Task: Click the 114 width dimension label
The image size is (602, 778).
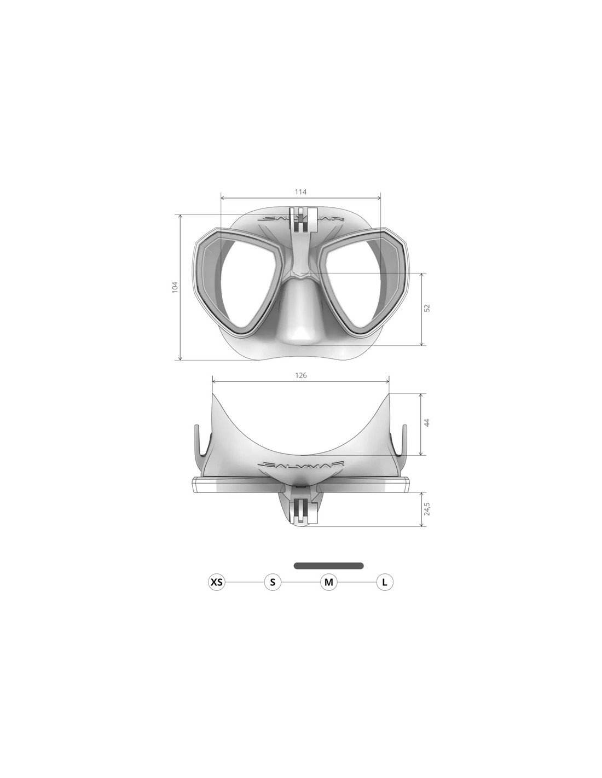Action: coord(300,192)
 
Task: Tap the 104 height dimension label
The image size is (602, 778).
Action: coord(175,287)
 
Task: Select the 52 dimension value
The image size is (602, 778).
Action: coord(426,308)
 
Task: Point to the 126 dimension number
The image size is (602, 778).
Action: coord(301,375)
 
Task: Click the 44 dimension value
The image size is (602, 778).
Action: coord(426,422)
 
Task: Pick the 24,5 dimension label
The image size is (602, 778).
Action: coord(426,509)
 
